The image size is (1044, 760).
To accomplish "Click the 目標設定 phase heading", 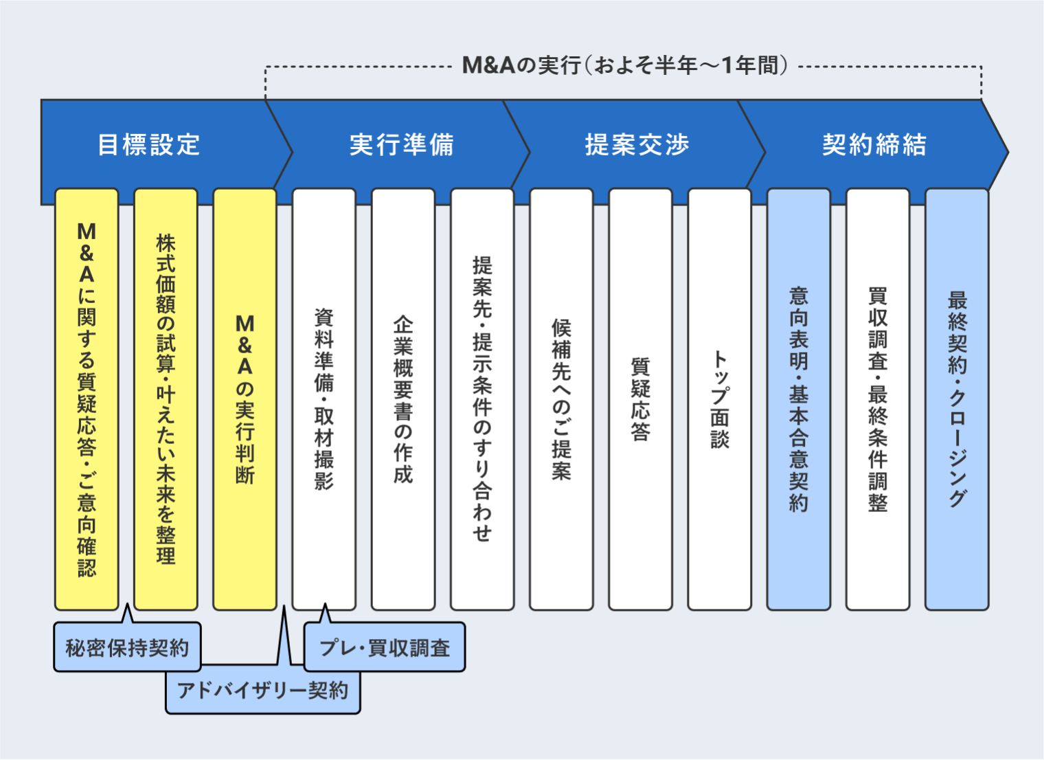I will [149, 145].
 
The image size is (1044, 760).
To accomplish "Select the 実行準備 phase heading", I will [402, 145].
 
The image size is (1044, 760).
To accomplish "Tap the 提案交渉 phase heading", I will [637, 145].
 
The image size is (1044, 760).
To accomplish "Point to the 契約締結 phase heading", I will [874, 145].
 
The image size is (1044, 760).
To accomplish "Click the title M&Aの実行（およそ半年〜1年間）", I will [624, 66].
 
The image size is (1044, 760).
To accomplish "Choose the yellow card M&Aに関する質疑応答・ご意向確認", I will [87, 399].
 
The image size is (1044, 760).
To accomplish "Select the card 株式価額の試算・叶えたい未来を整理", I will [166, 399].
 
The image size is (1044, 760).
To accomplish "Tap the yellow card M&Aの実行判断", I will [245, 399].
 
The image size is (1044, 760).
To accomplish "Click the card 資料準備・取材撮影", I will [324, 399].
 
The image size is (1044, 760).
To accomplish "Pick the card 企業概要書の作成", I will [403, 399].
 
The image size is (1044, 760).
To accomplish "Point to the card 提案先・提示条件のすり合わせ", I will [482, 399].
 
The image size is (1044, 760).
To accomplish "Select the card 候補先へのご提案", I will [561, 399].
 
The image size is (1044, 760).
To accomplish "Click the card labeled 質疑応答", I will [640, 399].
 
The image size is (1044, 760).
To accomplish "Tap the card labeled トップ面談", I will [719, 399].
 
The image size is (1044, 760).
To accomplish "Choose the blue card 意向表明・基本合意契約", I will [798, 399].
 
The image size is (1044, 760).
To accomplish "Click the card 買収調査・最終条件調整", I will [878, 399].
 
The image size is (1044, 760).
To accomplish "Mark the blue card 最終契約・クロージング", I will [957, 399].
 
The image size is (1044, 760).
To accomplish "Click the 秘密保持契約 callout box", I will [127, 647].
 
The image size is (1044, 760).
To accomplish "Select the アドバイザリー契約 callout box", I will [263, 691].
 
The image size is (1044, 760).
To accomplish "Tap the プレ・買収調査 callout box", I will [385, 647].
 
